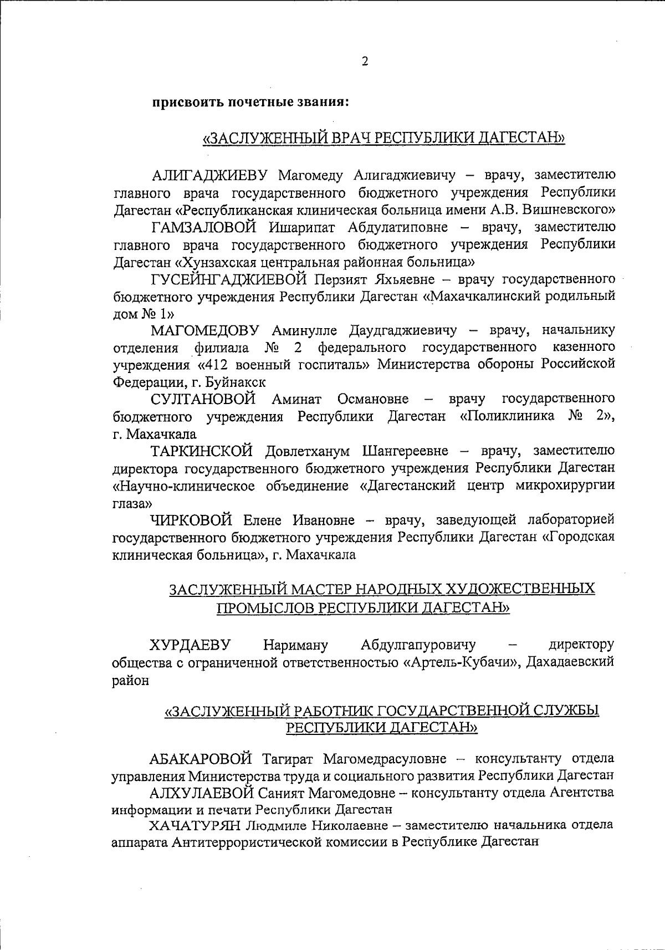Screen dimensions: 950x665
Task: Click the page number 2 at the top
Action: tap(365, 62)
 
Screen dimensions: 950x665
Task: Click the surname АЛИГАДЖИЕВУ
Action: tap(210, 176)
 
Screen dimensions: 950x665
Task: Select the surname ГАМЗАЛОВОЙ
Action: tap(204, 227)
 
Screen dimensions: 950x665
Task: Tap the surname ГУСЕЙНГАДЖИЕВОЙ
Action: tap(228, 279)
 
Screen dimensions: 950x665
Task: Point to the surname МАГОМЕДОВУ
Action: tap(206, 331)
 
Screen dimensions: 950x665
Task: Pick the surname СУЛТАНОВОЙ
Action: tap(203, 399)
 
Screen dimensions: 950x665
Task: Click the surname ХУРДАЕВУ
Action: tap(190, 645)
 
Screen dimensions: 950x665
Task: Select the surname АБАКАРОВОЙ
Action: tap(201, 758)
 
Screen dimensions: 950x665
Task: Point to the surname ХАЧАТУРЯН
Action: tap(195, 825)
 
